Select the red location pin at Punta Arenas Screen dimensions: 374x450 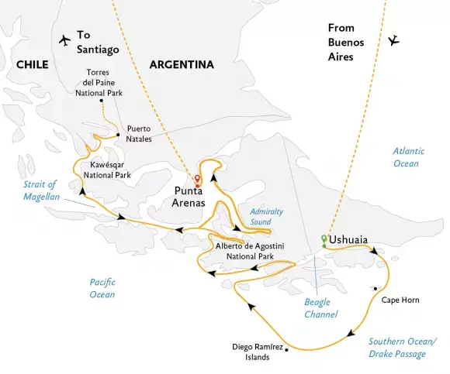(197, 179)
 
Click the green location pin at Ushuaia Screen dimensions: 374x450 (324, 238)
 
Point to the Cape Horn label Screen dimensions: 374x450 (400, 299)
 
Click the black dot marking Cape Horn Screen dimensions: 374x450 (376, 289)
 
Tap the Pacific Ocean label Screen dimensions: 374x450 (102, 289)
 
